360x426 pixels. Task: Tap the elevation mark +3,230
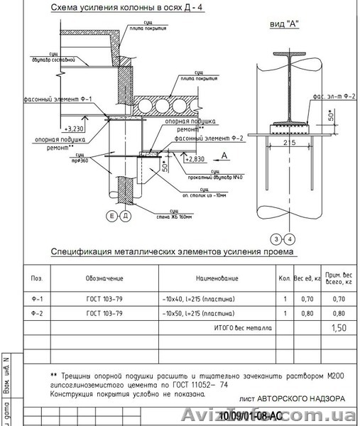point(73,129)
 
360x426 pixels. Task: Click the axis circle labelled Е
point(111,214)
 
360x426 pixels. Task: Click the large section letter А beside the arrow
point(224,153)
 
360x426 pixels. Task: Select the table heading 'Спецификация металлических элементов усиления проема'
point(173,252)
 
